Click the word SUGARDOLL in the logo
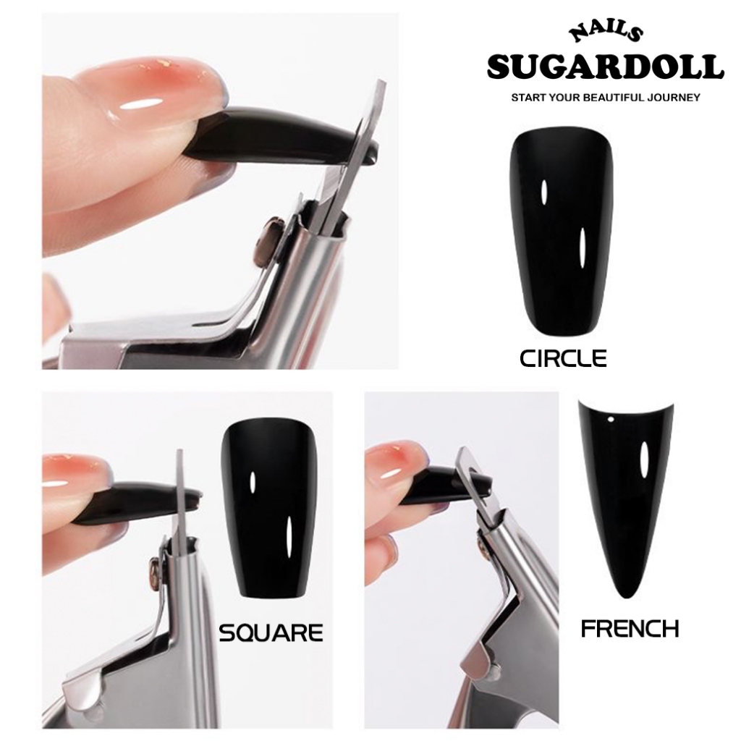tap(606, 67)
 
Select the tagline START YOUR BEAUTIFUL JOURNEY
tap(606, 98)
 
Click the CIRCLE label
tap(563, 359)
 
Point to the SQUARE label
tap(271, 632)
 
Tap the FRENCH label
tap(630, 629)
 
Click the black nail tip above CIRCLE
tap(561, 231)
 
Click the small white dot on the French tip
tap(611, 419)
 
